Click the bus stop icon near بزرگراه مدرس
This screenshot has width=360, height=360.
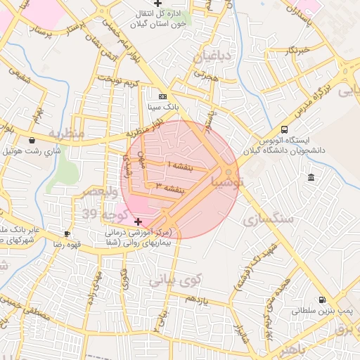tap(285, 129)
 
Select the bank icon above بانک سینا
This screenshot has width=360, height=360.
tap(163, 96)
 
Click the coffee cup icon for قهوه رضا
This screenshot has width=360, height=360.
tap(67, 233)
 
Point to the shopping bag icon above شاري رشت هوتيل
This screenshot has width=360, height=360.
tap(32, 141)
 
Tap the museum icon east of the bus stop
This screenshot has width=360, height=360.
tap(311, 176)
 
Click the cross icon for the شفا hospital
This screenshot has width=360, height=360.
tap(138, 222)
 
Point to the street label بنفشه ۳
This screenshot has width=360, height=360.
tap(170, 188)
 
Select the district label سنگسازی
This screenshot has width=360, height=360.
tap(268, 219)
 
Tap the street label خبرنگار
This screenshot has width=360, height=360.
tap(295, 51)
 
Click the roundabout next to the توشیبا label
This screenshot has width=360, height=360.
tap(229, 172)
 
